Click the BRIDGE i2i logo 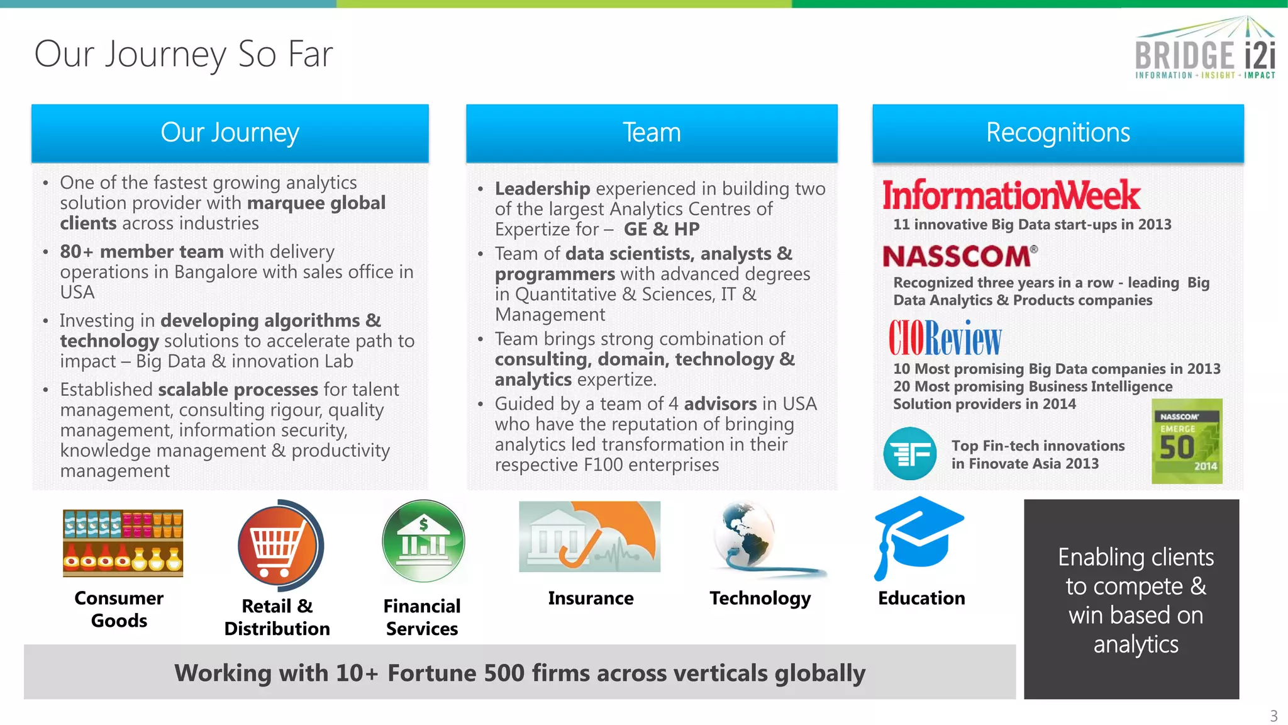pos(1205,49)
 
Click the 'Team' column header pos(652,133)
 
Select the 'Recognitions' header pos(1058,133)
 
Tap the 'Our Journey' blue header pos(230,133)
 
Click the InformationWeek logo pos(1011,195)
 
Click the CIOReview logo pos(945,338)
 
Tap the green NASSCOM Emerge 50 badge pos(1187,441)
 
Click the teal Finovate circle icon pos(909,453)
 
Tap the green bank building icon pos(423,541)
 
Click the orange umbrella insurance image pos(589,536)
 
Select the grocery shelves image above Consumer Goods pos(123,542)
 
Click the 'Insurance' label pos(591,598)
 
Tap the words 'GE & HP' pos(662,229)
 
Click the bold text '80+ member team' pos(142,252)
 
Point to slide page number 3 pos(1274,716)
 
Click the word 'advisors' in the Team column pos(720,404)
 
